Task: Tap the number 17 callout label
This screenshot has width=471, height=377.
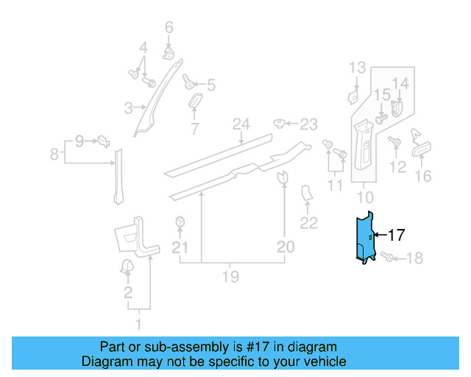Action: (396, 236)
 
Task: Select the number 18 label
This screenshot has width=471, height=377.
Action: (414, 258)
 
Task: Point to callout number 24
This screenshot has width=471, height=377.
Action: (241, 124)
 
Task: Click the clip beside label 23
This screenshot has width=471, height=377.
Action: (280, 122)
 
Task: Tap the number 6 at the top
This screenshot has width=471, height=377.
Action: (169, 28)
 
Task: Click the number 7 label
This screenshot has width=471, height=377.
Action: (194, 130)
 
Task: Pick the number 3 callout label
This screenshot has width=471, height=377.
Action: (128, 108)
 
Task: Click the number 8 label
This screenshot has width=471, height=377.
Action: (54, 154)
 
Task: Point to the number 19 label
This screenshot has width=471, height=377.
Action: (230, 277)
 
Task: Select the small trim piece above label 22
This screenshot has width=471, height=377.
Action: (307, 194)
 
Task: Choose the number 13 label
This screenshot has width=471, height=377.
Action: (357, 68)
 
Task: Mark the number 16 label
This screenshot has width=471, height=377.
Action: (423, 176)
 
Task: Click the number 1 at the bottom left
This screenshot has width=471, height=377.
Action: (137, 323)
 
